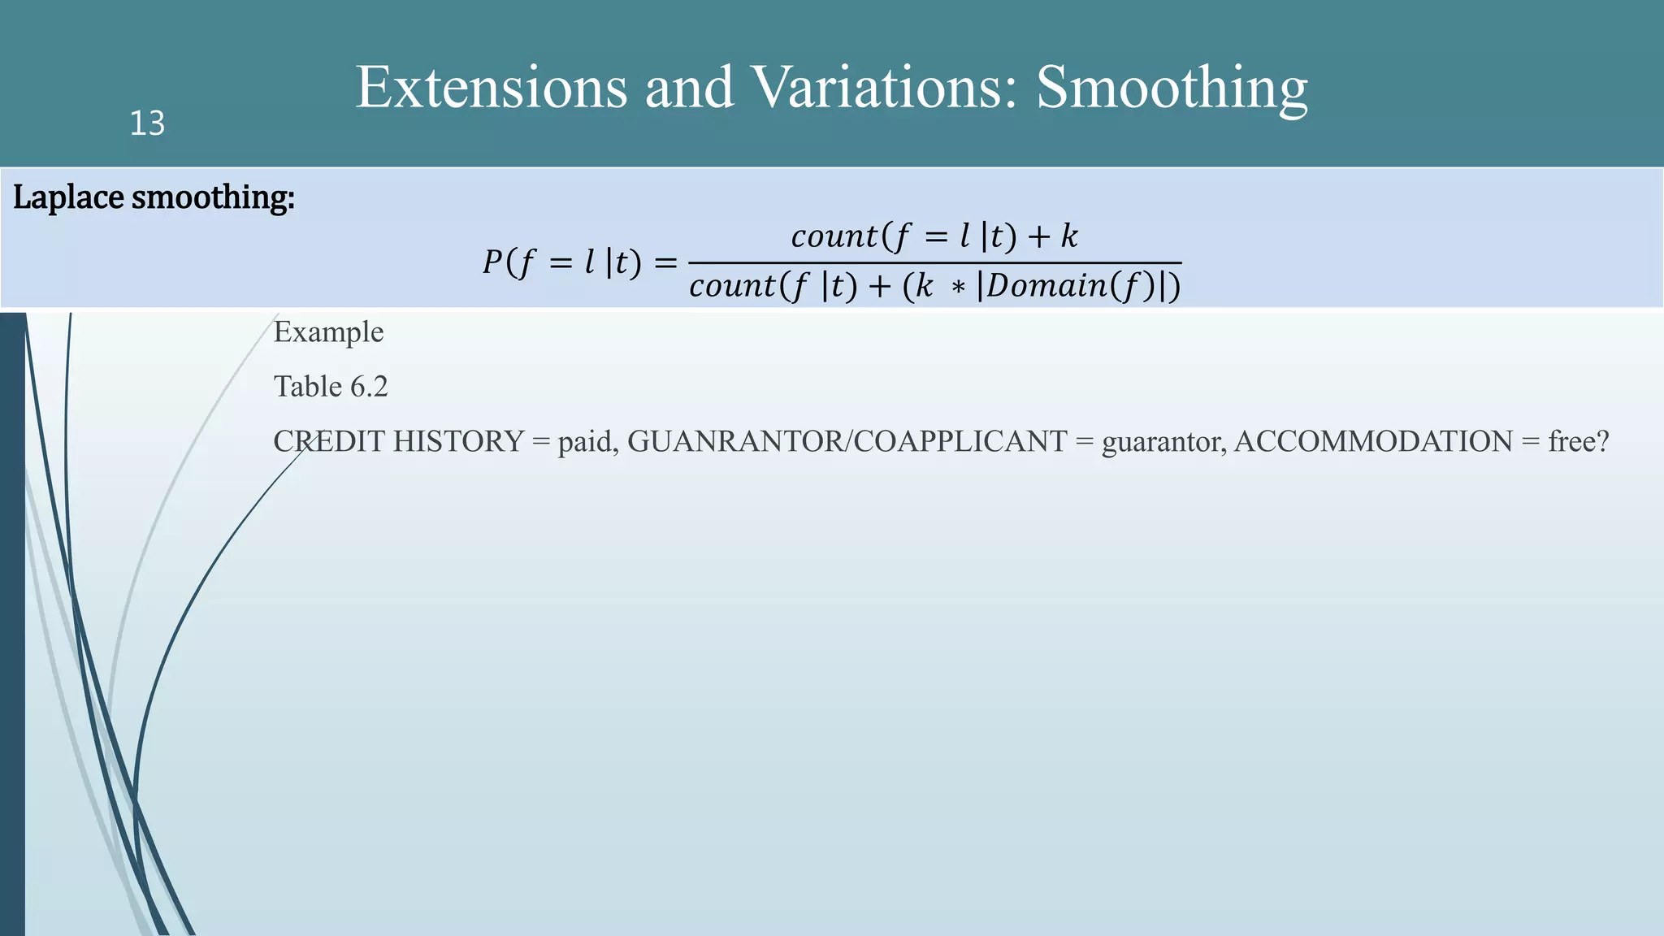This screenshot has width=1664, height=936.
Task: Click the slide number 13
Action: (147, 123)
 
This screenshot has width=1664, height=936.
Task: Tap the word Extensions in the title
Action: (491, 87)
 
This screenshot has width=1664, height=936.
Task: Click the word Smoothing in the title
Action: (1172, 89)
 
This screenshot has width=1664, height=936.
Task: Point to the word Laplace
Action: (68, 197)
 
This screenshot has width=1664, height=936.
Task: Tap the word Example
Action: (328, 332)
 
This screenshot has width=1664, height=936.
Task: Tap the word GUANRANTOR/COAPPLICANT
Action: (847, 441)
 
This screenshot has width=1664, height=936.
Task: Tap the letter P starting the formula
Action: (492, 262)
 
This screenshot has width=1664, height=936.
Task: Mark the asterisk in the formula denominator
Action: (959, 288)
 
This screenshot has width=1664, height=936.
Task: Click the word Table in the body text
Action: (307, 387)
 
